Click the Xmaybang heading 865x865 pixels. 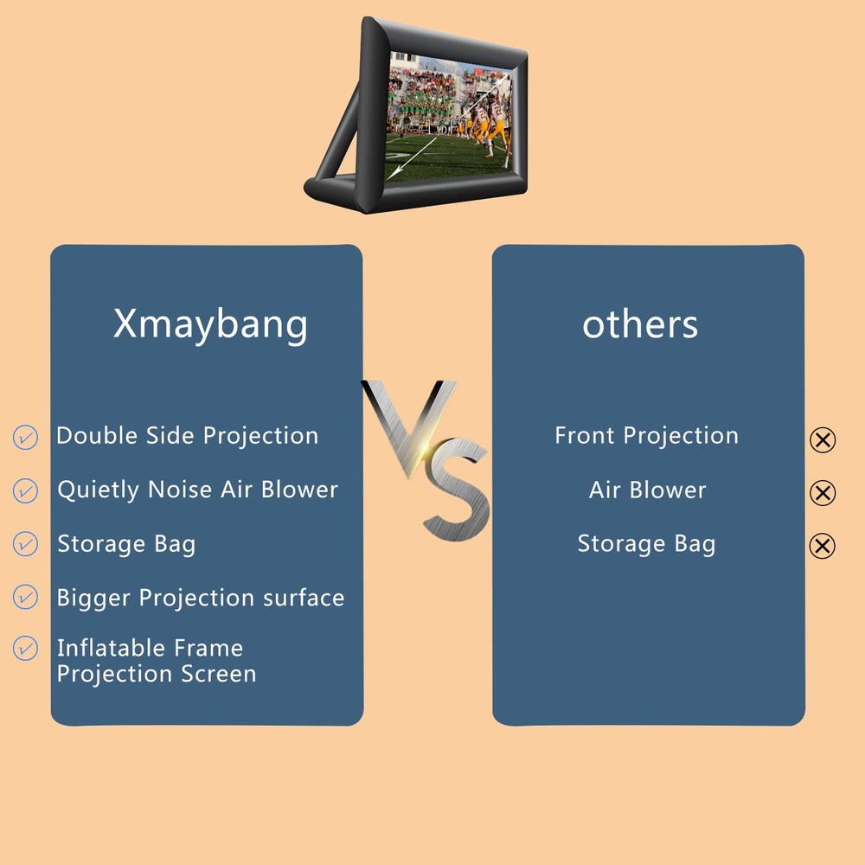210,325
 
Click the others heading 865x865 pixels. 639,324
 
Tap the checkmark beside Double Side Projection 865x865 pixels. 26,437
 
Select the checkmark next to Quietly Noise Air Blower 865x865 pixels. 26,490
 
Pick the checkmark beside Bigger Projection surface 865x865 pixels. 26,597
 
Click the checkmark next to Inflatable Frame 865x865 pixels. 26,648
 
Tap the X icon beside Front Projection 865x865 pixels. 823,440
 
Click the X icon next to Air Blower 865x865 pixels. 823,493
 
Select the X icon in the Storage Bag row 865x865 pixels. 823,546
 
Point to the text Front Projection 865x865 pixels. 646,436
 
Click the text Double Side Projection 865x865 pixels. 187,436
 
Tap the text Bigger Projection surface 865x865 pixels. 200,598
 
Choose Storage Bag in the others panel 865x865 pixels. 646,544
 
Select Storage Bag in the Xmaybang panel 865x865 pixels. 126,544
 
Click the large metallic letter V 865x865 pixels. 407,424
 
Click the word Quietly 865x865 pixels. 98,490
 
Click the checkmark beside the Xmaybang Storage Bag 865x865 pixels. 26,544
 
